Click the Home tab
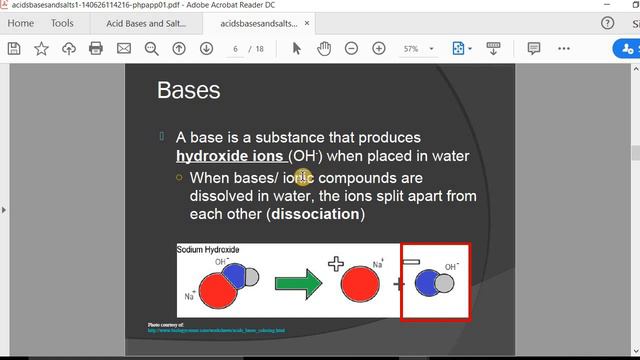click(x=20, y=23)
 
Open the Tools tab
click(x=62, y=23)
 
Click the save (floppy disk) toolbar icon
click(x=14, y=48)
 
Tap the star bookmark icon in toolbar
click(x=41, y=48)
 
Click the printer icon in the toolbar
click(x=96, y=48)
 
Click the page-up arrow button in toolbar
click(x=179, y=48)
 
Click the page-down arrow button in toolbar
click(x=206, y=48)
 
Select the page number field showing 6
click(x=236, y=48)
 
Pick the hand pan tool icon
click(x=324, y=48)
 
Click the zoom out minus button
click(x=352, y=48)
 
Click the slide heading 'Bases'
click(x=188, y=90)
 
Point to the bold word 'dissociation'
click(x=315, y=214)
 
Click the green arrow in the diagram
click(x=298, y=284)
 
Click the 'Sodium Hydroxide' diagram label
click(x=207, y=249)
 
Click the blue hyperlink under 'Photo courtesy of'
click(x=216, y=330)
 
